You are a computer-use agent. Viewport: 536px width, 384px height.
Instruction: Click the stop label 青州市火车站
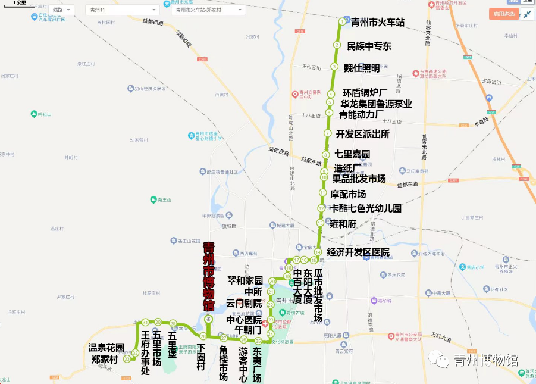[377, 23]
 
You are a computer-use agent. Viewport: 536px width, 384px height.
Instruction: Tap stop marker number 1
[341, 22]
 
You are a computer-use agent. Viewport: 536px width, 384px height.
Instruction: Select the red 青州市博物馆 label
[208, 276]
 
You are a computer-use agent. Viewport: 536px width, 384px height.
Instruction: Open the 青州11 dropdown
[122, 10]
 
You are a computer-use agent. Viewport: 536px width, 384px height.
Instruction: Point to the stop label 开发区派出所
[362, 134]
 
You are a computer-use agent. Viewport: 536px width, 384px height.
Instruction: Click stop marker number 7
[327, 133]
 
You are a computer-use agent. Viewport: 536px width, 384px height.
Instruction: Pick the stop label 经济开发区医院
[358, 252]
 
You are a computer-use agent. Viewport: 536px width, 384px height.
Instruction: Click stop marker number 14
[318, 252]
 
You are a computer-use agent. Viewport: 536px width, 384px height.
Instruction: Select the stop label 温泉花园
[106, 348]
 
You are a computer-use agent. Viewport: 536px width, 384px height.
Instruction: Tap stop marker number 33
[127, 359]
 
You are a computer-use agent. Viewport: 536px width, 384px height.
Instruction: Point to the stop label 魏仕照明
[362, 68]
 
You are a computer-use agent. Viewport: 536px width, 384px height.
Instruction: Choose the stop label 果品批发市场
[359, 179]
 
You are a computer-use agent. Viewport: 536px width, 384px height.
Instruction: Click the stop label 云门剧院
[244, 304]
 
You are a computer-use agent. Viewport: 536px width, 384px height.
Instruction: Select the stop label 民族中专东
[369, 46]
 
